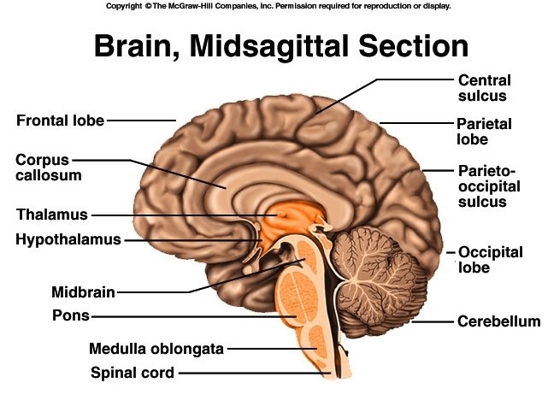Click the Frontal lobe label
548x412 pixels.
click(x=60, y=121)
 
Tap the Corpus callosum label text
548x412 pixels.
click(x=49, y=168)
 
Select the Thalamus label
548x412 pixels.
click(x=51, y=215)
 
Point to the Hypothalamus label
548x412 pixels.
click(x=68, y=239)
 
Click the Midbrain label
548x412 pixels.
click(x=83, y=292)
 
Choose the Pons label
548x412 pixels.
click(x=70, y=316)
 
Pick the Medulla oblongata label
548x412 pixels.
click(x=156, y=349)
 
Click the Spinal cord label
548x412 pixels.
click(x=133, y=372)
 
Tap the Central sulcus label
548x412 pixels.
click(x=483, y=88)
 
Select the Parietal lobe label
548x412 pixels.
click(x=484, y=132)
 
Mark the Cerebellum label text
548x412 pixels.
click(x=498, y=321)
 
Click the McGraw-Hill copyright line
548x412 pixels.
click(x=278, y=6)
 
